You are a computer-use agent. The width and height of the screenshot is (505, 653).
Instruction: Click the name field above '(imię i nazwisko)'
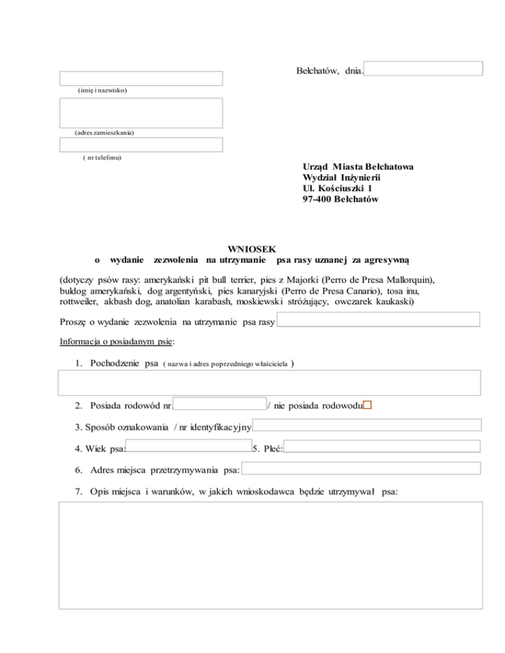[x=141, y=79]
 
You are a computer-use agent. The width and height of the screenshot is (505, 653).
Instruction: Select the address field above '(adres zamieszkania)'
[x=141, y=112]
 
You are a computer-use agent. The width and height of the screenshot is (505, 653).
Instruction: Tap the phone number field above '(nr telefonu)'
[x=141, y=145]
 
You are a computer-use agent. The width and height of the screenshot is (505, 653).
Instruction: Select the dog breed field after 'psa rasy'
[x=379, y=320]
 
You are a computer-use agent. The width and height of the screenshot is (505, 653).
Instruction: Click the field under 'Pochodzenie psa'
[x=270, y=382]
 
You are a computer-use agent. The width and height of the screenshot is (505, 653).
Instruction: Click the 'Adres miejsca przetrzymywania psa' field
[x=362, y=469]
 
